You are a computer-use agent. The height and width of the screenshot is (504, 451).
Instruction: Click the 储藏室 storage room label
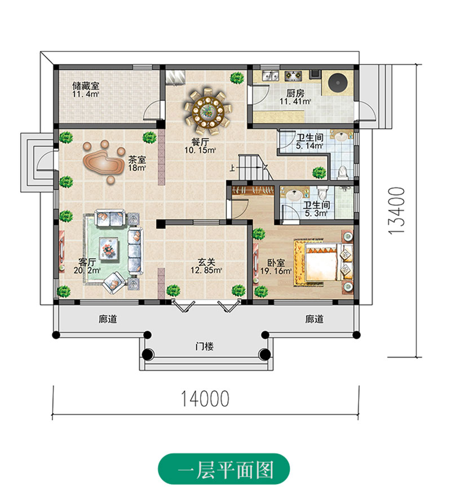[x=86, y=86]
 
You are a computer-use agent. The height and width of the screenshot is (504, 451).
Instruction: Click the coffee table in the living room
[x=108, y=247]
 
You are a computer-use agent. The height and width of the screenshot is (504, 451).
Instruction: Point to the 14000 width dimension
[x=205, y=399]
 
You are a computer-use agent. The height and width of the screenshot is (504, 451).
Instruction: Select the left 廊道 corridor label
[x=108, y=319]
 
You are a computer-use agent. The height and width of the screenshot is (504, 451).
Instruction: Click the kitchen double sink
[x=268, y=74]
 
